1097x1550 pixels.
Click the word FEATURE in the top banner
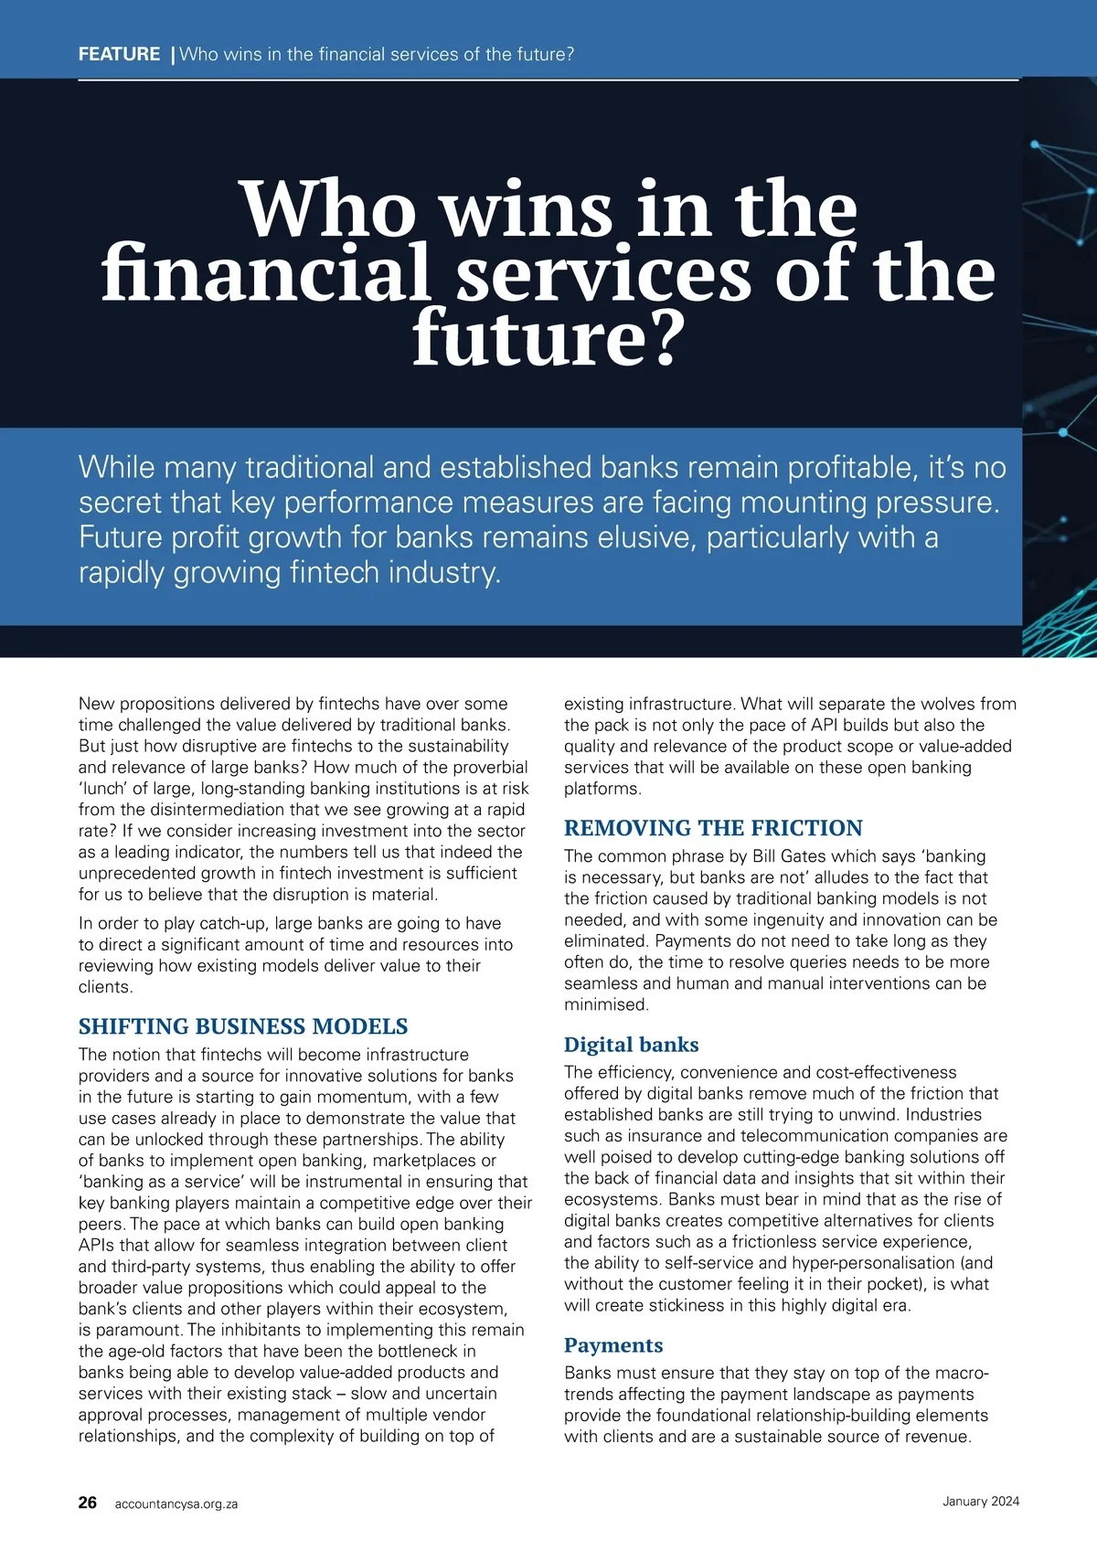[119, 54]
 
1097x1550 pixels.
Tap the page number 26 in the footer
[88, 1502]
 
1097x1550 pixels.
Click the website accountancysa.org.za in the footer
[176, 1503]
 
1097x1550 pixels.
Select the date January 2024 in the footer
[981, 1501]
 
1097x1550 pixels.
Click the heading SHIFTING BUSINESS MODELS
[243, 1026]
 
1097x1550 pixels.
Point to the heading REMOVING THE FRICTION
[713, 828]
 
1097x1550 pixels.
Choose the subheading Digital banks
[631, 1045]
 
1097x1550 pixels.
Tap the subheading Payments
[613, 1345]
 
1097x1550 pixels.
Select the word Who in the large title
[327, 210]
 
